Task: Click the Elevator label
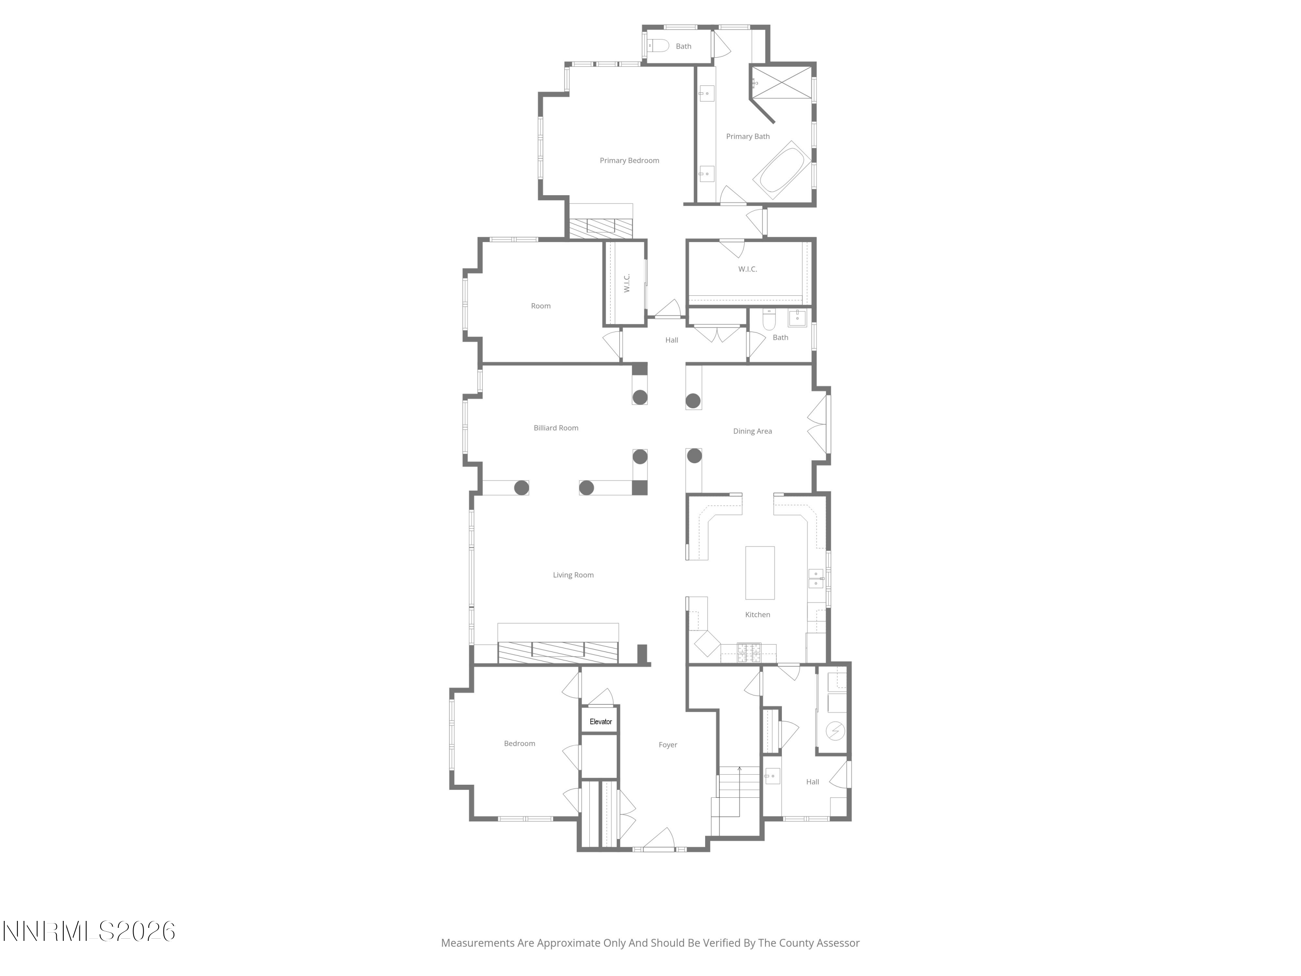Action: click(601, 722)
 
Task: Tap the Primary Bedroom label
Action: click(629, 160)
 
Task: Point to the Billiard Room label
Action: click(556, 428)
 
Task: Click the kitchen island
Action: click(760, 573)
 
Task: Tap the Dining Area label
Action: click(752, 431)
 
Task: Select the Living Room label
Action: click(573, 575)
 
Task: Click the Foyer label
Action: click(667, 745)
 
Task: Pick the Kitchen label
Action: click(758, 615)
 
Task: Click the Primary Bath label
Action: click(748, 137)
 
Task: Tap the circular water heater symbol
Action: click(835, 731)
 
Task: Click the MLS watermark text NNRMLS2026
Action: click(89, 931)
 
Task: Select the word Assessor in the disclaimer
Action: click(837, 943)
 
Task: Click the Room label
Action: click(540, 306)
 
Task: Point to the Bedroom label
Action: click(520, 743)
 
